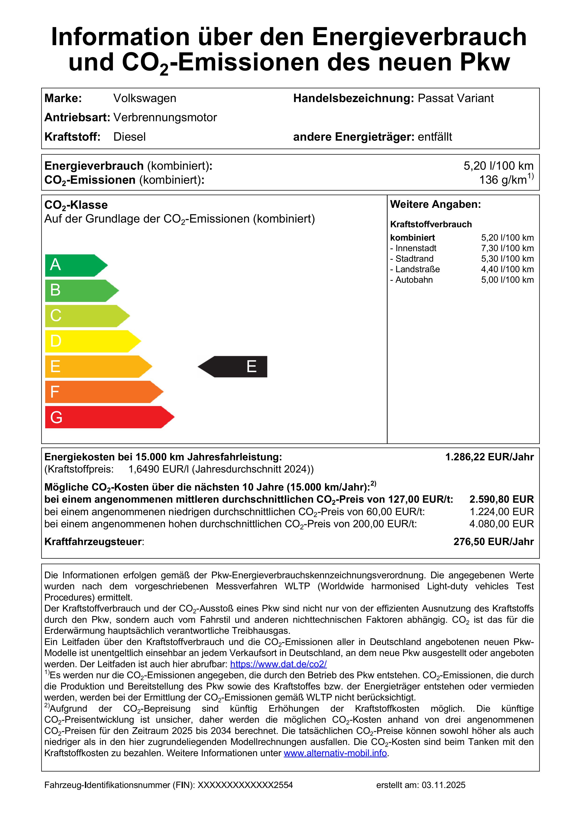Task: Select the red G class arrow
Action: pos(107,417)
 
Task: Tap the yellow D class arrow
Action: pos(91,341)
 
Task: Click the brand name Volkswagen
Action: pos(144,98)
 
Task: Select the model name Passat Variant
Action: pos(455,98)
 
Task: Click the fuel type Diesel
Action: pos(130,137)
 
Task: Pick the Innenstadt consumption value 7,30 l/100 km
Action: pos(507,248)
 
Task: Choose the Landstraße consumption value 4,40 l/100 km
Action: pos(507,269)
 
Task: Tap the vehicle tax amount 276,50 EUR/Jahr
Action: pos(493,542)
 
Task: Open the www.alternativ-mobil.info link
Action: pos(335,753)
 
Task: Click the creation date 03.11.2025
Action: pos(443,785)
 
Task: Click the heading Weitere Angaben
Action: pos(435,205)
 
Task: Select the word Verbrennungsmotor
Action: pos(165,118)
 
